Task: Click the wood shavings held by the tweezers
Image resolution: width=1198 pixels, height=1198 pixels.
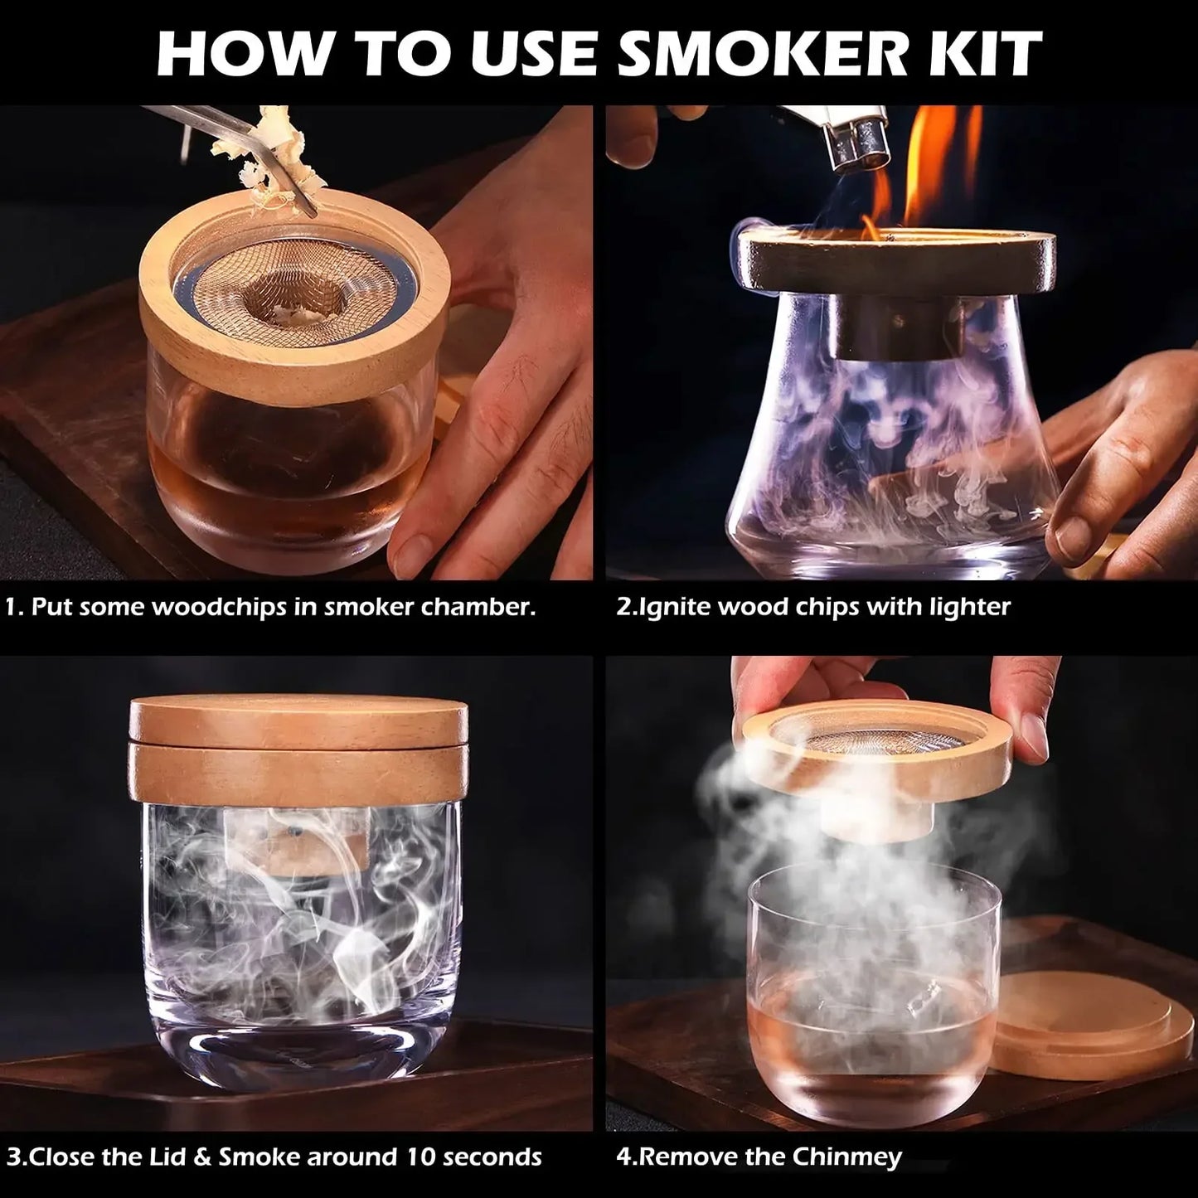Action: tap(249, 153)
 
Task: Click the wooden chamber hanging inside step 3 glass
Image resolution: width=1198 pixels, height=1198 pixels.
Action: tap(297, 842)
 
